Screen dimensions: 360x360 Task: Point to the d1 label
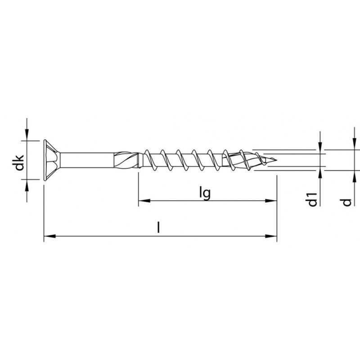click(x=313, y=198)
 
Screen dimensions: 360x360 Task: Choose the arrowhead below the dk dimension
click(x=27, y=185)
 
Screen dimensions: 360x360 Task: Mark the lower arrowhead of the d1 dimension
click(x=320, y=171)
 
